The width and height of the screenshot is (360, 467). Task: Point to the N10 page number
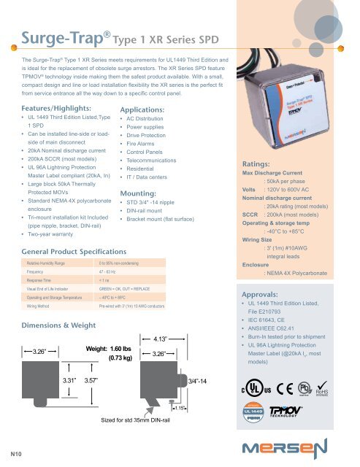pos(14,455)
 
